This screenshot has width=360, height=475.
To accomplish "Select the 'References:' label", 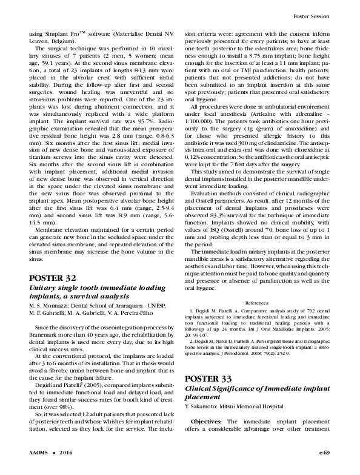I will (x=257, y=302).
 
